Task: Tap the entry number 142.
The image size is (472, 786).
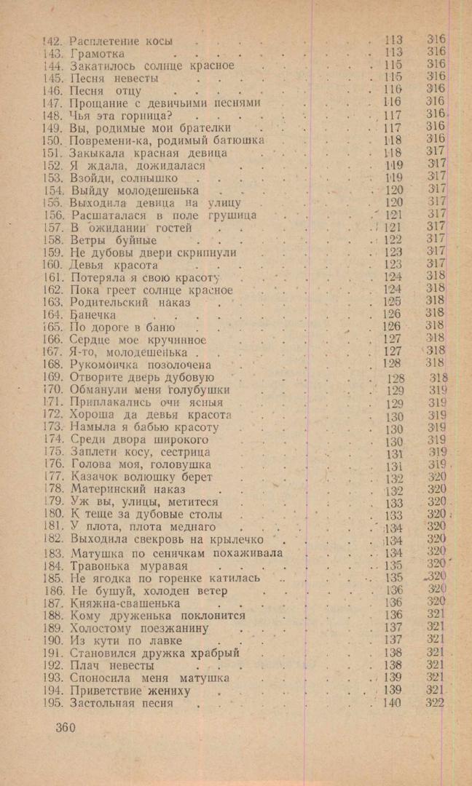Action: point(53,41)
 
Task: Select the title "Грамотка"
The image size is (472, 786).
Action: point(98,53)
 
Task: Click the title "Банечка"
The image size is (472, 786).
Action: point(93,314)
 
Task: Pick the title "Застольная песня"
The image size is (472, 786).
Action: point(121,703)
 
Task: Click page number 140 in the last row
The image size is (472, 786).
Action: point(392,702)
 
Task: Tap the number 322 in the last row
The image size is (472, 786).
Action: point(435,702)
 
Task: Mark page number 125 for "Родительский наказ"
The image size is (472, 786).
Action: point(392,301)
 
